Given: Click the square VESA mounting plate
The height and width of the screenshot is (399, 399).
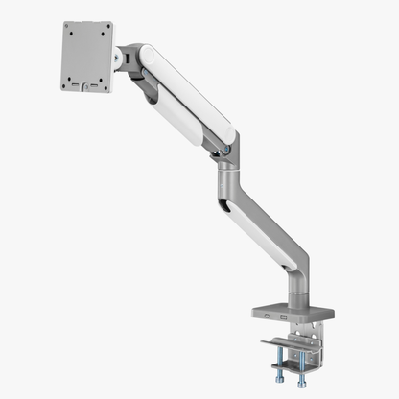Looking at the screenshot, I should pos(86,57).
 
